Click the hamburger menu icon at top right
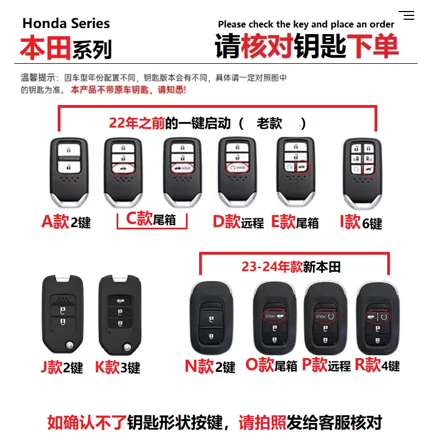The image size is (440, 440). pyautogui.click(x=406, y=15)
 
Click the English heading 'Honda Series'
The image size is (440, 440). pyautogui.click(x=66, y=23)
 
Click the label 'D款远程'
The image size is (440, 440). pyautogui.click(x=238, y=222)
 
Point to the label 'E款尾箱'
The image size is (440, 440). pyautogui.click(x=295, y=222)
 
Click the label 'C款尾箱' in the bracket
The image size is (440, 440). pyautogui.click(x=151, y=219)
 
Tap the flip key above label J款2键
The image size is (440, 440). pyautogui.click(x=62, y=313)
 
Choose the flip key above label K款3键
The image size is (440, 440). pyautogui.click(x=116, y=313)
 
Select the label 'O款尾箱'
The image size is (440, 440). pyautogui.click(x=271, y=365)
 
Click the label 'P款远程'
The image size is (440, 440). pyautogui.click(x=326, y=365)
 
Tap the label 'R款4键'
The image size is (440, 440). pyautogui.click(x=377, y=365)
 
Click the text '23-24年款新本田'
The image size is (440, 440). pyautogui.click(x=291, y=267)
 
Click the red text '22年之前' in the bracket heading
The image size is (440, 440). pyautogui.click(x=137, y=123)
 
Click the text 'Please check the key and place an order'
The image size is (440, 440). pyautogui.click(x=306, y=24)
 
